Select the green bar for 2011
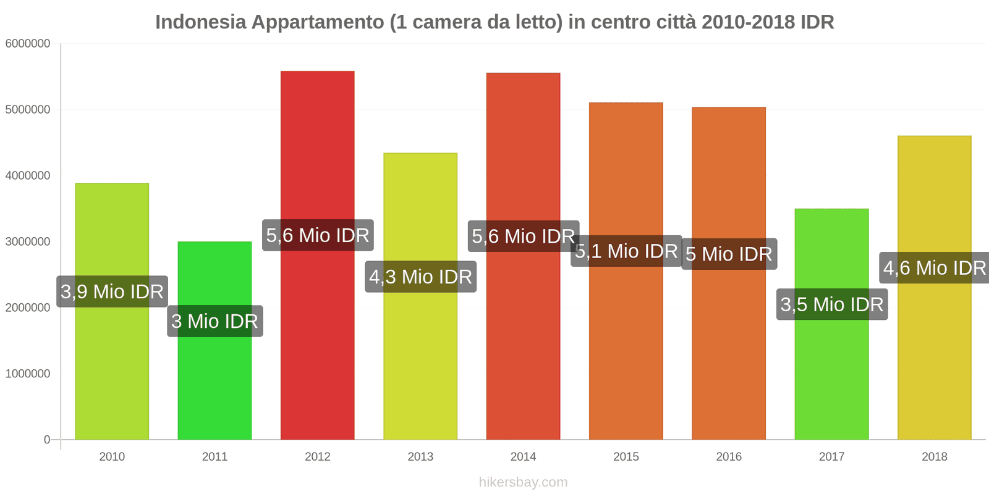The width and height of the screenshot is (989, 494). point(214,383)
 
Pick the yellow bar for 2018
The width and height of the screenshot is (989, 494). point(934,358)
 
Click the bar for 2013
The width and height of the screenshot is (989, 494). point(420,358)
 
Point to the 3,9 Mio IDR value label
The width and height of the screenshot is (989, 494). point(112,291)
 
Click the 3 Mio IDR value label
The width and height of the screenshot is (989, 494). point(214,321)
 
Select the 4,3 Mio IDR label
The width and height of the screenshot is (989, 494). point(420,277)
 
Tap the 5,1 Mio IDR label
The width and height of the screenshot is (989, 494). point(626,251)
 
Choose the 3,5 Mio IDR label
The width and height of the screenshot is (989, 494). point(831,304)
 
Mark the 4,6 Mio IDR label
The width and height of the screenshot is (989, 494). point(934,268)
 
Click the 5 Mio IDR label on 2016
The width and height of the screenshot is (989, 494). point(729,254)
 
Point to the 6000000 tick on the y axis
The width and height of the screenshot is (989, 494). point(28,44)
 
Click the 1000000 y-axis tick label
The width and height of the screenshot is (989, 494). point(28,374)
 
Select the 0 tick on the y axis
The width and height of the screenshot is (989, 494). point(47,440)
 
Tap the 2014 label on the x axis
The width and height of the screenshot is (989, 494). point(523,456)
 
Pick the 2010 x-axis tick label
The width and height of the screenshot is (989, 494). point(112,456)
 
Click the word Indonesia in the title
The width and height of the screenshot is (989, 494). point(200,22)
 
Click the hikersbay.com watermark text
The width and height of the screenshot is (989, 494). point(523,482)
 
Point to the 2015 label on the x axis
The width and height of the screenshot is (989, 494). point(626,456)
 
